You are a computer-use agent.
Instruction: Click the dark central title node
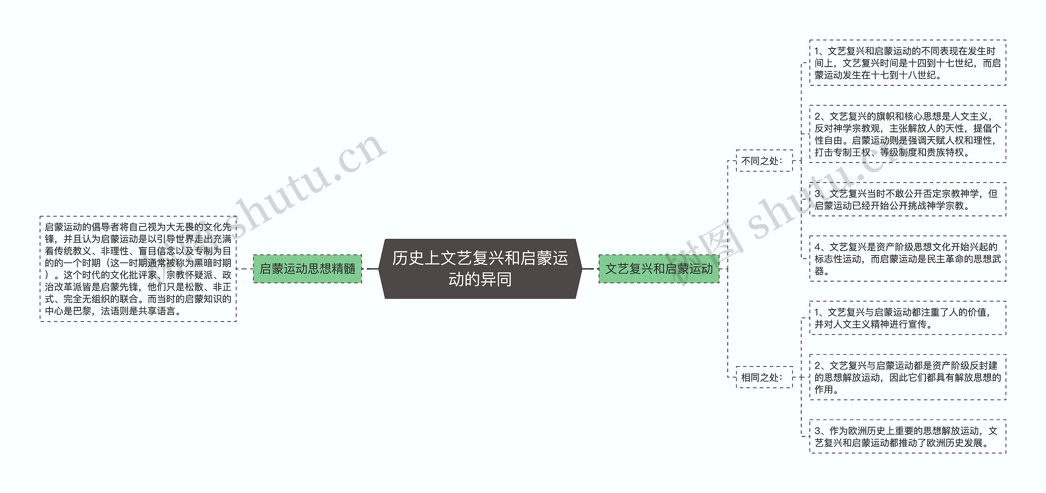point(480,269)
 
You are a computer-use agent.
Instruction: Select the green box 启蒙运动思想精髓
point(307,269)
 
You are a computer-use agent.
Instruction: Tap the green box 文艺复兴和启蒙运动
point(659,269)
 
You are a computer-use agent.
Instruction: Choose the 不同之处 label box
point(764,161)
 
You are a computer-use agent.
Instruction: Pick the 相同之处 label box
point(764,377)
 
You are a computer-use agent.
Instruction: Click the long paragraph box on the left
point(138,269)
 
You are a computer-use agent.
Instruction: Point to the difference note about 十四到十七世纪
point(907,63)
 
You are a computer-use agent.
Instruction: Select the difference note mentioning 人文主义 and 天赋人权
point(907,134)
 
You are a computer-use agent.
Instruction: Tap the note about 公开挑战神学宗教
point(907,200)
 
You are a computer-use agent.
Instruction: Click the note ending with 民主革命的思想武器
point(907,259)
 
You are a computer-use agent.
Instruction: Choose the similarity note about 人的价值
point(907,318)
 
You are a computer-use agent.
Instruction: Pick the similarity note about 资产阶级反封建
point(907,377)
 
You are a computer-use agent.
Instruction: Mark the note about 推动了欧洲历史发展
point(907,436)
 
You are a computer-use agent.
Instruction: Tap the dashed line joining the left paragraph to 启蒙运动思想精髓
point(245,269)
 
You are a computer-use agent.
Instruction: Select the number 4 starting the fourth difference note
point(817,247)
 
